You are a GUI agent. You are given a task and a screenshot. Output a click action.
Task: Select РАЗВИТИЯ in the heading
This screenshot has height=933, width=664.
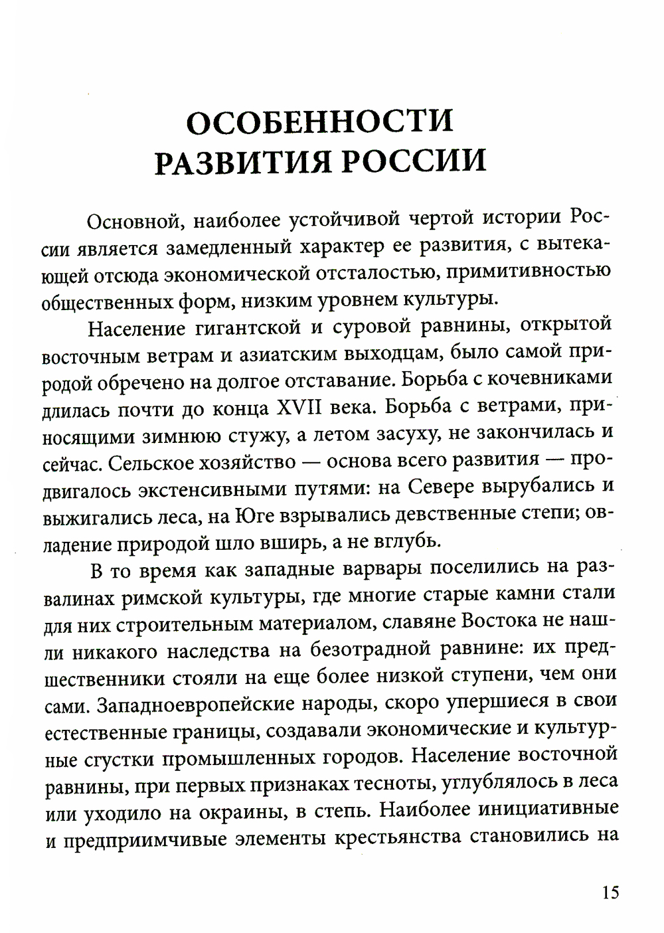click(x=236, y=163)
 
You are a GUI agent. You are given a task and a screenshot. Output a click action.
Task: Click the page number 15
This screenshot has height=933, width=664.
click(x=610, y=892)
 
